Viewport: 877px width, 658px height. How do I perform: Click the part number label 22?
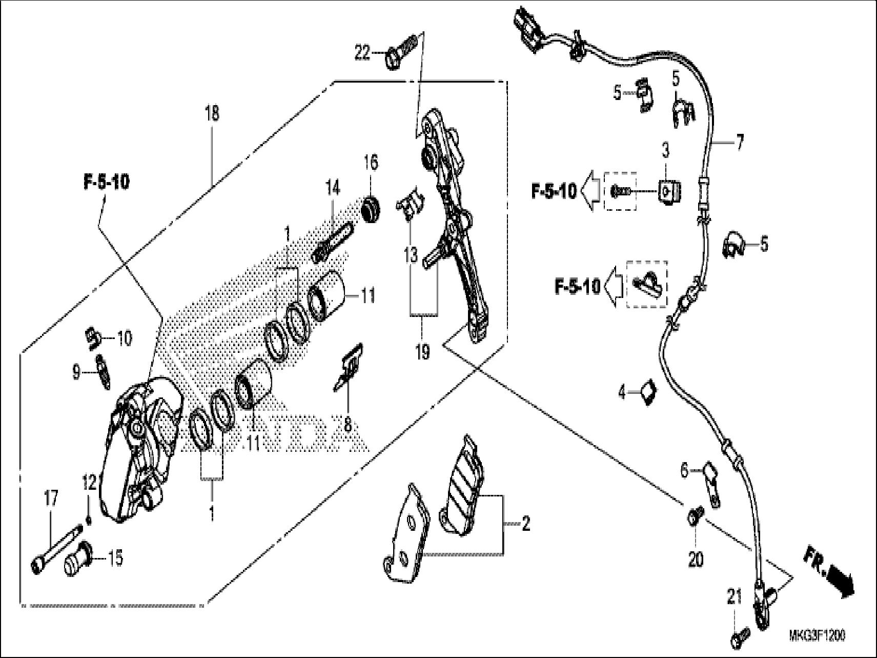point(362,52)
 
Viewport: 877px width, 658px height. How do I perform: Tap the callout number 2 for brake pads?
point(525,524)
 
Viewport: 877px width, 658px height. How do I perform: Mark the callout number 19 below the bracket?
point(422,352)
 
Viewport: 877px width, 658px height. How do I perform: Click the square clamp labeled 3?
point(668,192)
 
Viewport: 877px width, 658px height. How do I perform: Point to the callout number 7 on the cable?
point(739,144)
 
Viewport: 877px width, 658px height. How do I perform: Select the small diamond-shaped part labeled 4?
point(648,392)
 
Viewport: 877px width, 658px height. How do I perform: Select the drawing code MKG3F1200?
point(817,636)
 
